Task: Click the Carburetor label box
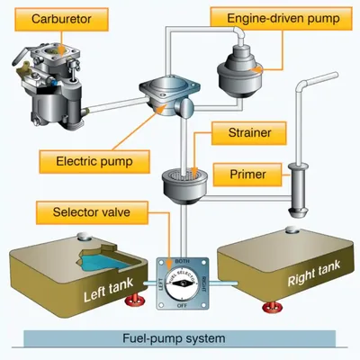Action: click(x=59, y=18)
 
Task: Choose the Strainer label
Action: click(x=243, y=133)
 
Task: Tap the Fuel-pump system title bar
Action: click(x=179, y=340)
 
